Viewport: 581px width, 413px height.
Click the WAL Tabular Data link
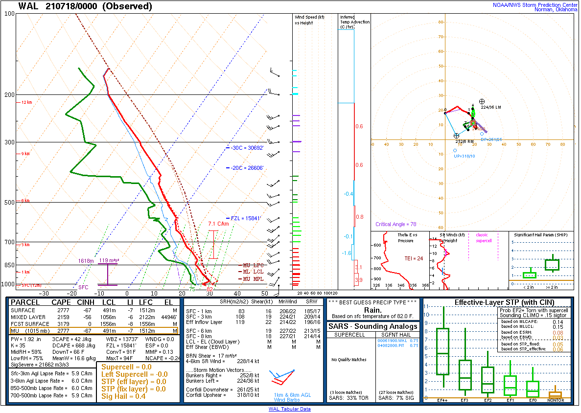289,409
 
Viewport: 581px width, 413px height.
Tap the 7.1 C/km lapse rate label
219,224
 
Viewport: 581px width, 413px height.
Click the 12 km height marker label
26,102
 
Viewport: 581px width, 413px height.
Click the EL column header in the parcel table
168,302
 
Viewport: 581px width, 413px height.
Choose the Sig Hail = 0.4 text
123,396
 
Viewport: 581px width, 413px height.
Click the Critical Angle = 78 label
396,225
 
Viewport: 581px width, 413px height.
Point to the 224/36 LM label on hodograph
491,107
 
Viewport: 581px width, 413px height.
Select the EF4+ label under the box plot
442,400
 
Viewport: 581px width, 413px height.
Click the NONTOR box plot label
555,400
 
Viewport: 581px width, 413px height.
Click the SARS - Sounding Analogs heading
373,326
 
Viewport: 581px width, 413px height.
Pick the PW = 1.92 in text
26,339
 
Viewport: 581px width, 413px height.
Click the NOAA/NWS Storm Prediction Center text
535,4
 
